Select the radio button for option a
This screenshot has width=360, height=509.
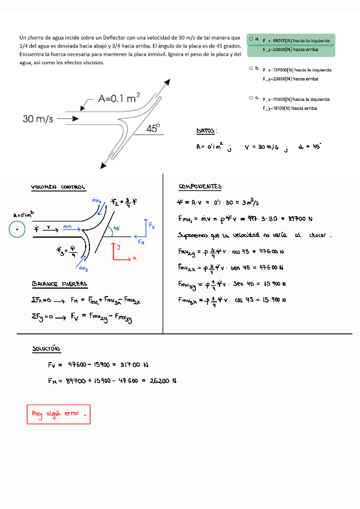tap(251, 38)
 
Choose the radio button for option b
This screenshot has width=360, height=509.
tap(251, 68)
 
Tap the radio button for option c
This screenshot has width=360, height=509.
tap(251, 97)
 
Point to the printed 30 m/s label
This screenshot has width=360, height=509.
tap(38, 119)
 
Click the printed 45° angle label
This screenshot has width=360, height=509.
tap(154, 128)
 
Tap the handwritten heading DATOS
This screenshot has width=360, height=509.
tap(206, 131)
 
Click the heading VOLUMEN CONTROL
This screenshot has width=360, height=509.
tap(58, 187)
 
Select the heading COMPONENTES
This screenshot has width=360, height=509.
tap(200, 187)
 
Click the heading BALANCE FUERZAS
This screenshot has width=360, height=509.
tap(59, 283)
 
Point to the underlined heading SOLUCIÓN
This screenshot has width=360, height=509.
tap(46, 349)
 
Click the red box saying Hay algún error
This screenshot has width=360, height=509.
tap(58, 414)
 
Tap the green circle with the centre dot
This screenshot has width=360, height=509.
tap(18, 229)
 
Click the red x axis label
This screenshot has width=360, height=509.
tap(134, 258)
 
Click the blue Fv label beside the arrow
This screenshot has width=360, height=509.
tap(152, 226)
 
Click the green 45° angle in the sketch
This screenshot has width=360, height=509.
tap(117, 228)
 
